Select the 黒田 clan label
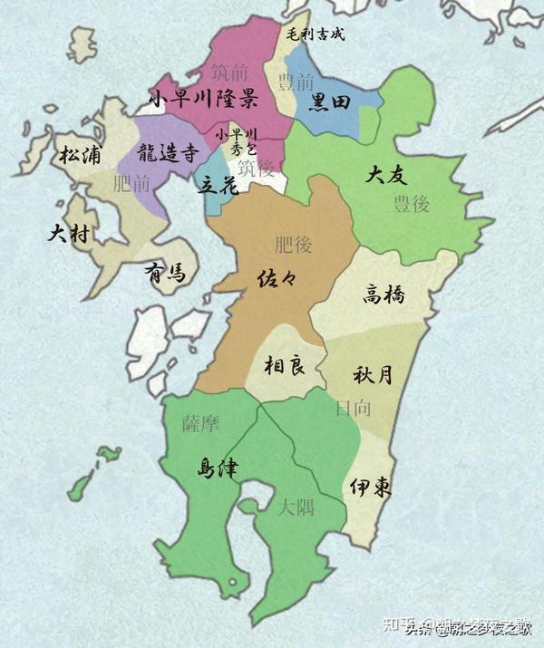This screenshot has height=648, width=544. click(330, 102)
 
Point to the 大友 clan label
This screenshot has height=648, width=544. click(386, 175)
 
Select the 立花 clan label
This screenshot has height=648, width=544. click(218, 184)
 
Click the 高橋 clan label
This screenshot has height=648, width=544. click(384, 294)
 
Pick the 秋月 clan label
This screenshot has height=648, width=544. click(372, 373)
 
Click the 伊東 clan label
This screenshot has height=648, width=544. click(371, 487)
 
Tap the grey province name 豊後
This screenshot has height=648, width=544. click(411, 203)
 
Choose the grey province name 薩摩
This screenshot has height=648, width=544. click(201, 424)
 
